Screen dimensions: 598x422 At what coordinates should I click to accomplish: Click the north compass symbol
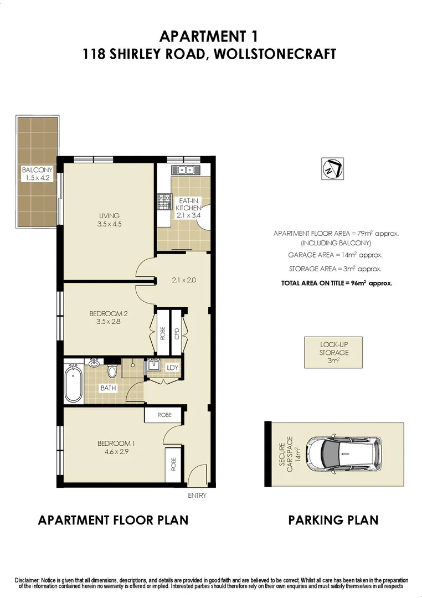pyautogui.click(x=333, y=169)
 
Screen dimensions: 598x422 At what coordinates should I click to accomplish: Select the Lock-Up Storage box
pyautogui.click(x=333, y=352)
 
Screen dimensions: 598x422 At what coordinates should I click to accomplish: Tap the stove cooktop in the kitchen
pyautogui.click(x=164, y=203)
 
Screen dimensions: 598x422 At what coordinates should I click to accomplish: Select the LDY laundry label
pyautogui.click(x=173, y=367)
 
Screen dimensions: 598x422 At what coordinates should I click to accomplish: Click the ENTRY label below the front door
pyautogui.click(x=197, y=495)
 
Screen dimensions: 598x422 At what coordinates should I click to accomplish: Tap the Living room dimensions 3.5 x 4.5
pyautogui.click(x=109, y=225)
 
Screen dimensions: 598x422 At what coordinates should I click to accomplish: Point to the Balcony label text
pyautogui.click(x=37, y=170)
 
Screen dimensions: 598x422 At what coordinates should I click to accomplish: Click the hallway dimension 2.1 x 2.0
pyautogui.click(x=184, y=280)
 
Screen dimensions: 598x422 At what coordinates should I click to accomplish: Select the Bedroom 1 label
pyautogui.click(x=116, y=443)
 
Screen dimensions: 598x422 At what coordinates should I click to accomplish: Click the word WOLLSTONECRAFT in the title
pyautogui.click(x=272, y=54)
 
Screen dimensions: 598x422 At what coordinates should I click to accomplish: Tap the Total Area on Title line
pyautogui.click(x=337, y=283)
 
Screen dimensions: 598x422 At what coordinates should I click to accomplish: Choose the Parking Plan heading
pyautogui.click(x=333, y=520)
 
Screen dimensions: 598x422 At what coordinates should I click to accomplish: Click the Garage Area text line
pyautogui.click(x=335, y=255)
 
